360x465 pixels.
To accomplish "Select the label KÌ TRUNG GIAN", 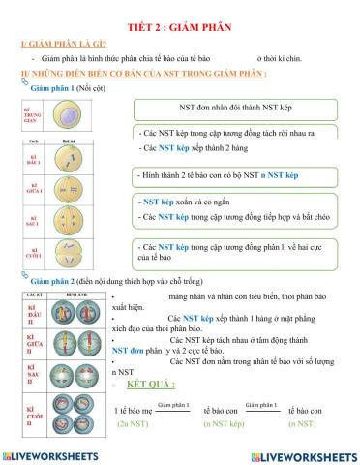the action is pos(31,116).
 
